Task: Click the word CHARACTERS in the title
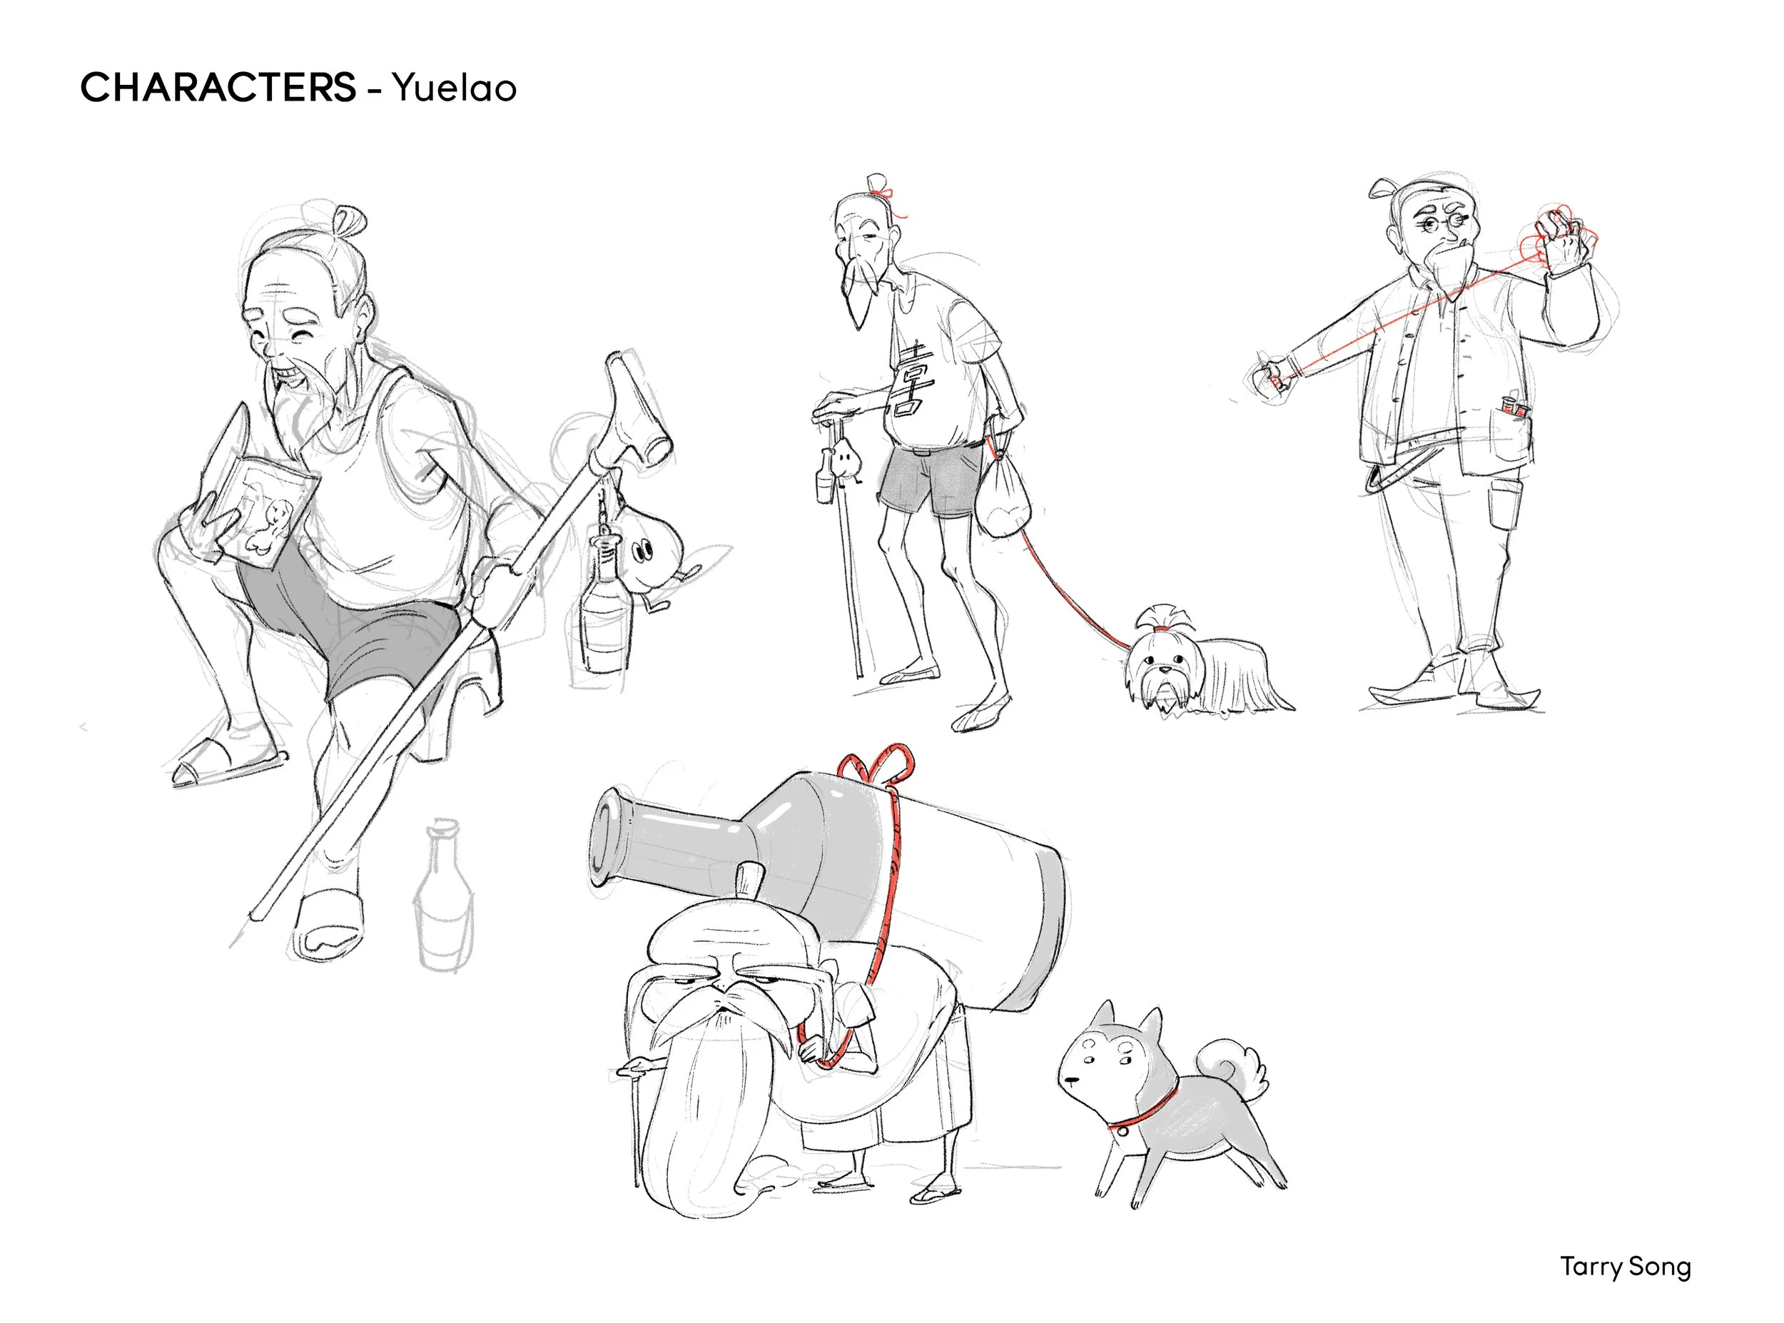tap(218, 87)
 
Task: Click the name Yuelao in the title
tap(453, 88)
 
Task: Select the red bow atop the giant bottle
tap(877, 765)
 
